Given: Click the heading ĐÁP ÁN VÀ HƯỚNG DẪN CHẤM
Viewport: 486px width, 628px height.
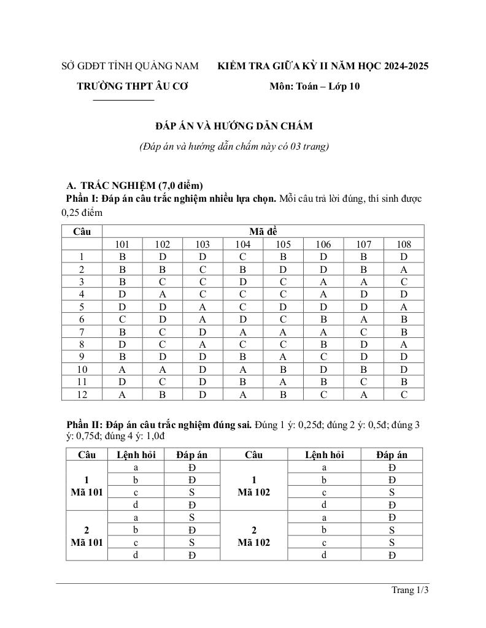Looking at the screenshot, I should [x=234, y=126].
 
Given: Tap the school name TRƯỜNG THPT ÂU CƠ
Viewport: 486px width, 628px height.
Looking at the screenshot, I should [x=132, y=86].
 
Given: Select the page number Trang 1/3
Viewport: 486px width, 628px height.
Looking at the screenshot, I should [x=409, y=591].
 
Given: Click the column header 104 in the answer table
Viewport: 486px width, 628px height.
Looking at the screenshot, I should [x=243, y=244].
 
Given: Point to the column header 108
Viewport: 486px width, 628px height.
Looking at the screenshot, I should [x=403, y=244].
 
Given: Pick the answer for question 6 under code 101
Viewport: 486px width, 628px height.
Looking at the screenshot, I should [x=122, y=320].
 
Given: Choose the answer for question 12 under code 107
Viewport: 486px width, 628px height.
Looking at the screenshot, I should [x=363, y=395].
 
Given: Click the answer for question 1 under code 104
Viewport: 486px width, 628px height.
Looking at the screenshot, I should [x=243, y=257].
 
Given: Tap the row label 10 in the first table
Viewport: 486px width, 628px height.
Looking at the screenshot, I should [x=82, y=370].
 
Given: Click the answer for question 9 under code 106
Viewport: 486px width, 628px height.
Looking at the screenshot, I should [x=323, y=358].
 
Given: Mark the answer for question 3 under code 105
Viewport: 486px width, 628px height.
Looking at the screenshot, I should [x=283, y=282].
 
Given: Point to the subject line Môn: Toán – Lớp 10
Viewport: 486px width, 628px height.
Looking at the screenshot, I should [x=314, y=86].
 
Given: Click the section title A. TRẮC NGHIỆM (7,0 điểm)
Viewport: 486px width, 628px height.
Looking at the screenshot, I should [x=134, y=185].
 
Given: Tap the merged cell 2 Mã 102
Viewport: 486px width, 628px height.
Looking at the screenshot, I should [x=253, y=536].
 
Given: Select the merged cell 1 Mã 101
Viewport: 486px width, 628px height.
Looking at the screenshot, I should [x=87, y=486].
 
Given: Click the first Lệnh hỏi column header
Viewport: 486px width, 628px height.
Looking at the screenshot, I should [x=136, y=454].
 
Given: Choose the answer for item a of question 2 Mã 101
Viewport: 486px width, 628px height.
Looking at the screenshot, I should [x=192, y=518].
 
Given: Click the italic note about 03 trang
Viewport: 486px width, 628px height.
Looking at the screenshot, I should [x=234, y=147].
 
